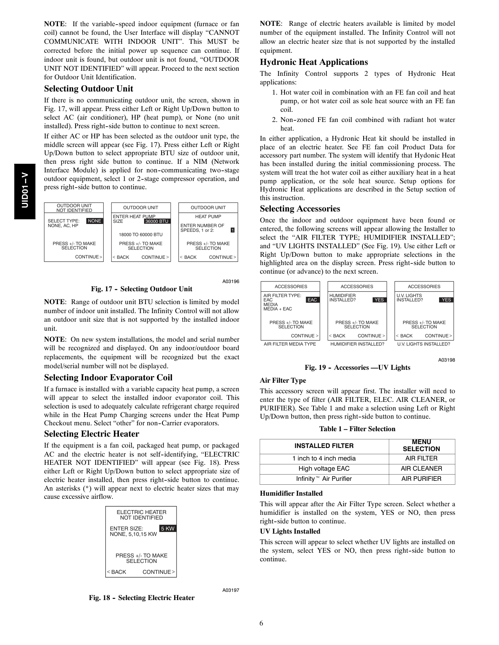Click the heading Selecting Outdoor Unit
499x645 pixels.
pyautogui.click(x=88, y=89)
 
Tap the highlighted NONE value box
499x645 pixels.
pyautogui.click(x=95, y=221)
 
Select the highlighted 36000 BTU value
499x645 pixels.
pyautogui.click(x=157, y=221)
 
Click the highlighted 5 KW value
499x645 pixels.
pyautogui.click(x=168, y=529)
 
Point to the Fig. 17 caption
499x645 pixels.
pyautogui.click(x=142, y=289)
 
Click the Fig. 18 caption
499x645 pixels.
pyautogui.click(x=142, y=598)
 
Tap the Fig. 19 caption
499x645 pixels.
pyautogui.click(x=357, y=367)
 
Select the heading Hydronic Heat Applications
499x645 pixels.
pyautogui.click(x=314, y=62)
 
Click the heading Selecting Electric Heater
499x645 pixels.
pyautogui.click(x=92, y=434)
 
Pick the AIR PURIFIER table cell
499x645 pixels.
pyautogui.click(x=422, y=479)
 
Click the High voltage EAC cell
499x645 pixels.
pyautogui.click(x=324, y=469)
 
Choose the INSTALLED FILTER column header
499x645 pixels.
pyautogui.click(x=324, y=446)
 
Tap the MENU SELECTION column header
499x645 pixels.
pyautogui.click(x=422, y=446)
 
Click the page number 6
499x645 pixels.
pyautogui.click(x=261, y=623)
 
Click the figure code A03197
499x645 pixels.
pyautogui.click(x=231, y=590)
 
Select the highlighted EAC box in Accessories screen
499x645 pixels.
pyautogui.click(x=312, y=300)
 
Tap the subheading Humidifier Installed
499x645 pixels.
pyautogui.click(x=291, y=494)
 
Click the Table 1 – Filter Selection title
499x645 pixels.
pyautogui.click(x=357, y=429)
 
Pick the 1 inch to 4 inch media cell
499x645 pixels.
pyautogui.click(x=324, y=459)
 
